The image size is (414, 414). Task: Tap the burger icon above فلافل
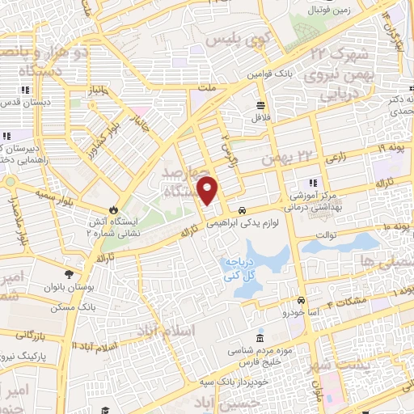click(x=260, y=105)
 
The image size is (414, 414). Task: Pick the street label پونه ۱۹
click(x=391, y=148)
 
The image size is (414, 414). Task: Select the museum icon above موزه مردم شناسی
click(x=259, y=337)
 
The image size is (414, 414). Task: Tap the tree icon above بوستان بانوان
click(x=70, y=274)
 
